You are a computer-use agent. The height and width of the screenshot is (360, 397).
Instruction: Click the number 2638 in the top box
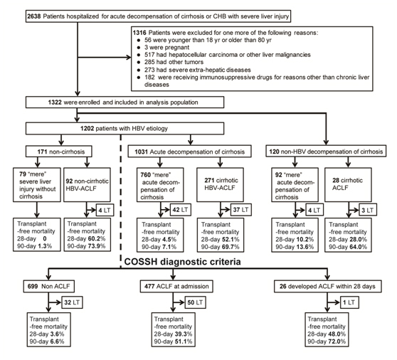(34, 16)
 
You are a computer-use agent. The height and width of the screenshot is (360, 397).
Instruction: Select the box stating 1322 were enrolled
(125, 102)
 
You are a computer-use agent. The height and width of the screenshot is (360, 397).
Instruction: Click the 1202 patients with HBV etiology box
(125, 128)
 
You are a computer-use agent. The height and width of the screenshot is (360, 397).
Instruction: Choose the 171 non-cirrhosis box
(59, 152)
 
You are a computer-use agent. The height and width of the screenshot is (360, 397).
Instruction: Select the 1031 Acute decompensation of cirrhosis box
(190, 152)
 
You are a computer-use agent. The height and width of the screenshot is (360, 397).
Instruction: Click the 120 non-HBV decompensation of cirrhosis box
(326, 152)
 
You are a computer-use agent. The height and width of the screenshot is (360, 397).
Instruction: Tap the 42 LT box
(181, 210)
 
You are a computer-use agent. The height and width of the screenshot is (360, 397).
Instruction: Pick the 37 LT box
(240, 210)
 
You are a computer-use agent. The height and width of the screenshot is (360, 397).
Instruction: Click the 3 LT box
(368, 210)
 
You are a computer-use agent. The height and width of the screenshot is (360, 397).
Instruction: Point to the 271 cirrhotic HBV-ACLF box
(221, 184)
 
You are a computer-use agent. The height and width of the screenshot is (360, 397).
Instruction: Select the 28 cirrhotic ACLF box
(348, 184)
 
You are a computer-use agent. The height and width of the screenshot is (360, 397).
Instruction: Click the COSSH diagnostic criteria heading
(182, 262)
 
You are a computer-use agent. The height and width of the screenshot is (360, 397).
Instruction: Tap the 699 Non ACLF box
(49, 286)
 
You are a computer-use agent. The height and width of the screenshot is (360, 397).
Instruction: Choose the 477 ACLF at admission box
(176, 286)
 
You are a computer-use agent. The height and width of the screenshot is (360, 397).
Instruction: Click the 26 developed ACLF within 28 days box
(327, 286)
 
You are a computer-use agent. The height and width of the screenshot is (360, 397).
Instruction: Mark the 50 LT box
(195, 302)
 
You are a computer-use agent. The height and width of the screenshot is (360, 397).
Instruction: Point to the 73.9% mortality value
(97, 246)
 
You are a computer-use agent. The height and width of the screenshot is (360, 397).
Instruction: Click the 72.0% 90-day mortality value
(337, 342)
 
